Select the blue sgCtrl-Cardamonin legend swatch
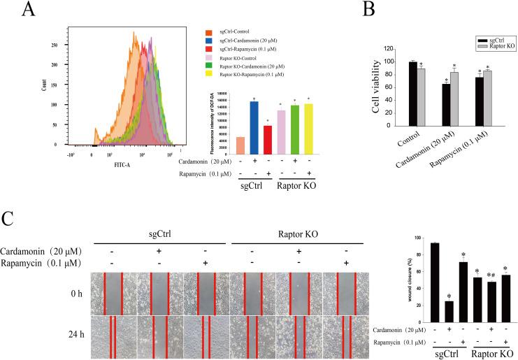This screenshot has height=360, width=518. pos(208,41)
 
